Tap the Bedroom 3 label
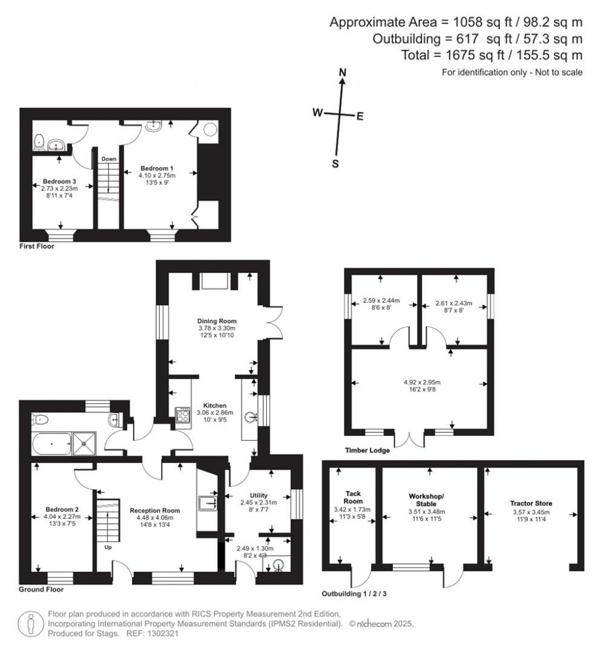coord(58,181)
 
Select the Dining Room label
coord(217,320)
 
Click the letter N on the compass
coord(341,72)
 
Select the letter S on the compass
coord(335,164)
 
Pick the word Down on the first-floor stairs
coord(109,159)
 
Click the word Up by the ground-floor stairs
coord(107,547)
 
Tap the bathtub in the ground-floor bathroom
coord(50,443)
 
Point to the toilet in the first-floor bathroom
coord(38,141)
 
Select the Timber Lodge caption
coord(367,451)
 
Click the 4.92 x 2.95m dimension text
coord(420,382)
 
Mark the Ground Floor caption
coord(41,590)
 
